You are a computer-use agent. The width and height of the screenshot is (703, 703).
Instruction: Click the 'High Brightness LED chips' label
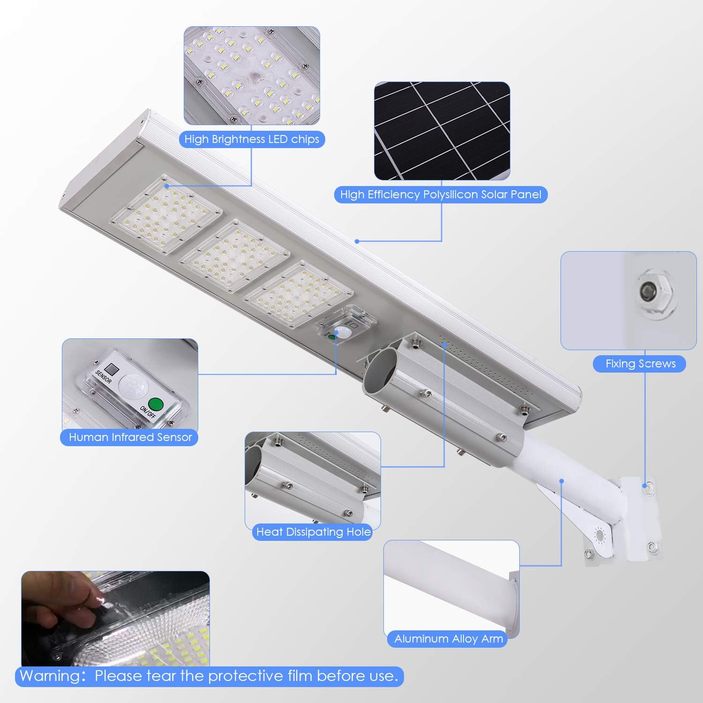pos(252,139)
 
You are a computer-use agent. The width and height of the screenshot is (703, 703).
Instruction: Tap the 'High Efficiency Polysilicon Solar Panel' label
pos(441,194)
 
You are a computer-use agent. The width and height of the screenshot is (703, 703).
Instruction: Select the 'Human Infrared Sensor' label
pos(130,437)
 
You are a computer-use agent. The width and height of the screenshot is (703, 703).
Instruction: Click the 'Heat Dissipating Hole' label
pos(313,532)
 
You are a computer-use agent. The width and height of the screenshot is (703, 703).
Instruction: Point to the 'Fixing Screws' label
pos(640,364)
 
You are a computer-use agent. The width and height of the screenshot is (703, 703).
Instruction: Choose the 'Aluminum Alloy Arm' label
pos(449,639)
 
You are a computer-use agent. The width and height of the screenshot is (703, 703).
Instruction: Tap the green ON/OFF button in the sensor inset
pos(155,404)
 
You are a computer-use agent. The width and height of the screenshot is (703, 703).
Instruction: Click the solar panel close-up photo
pos(441,131)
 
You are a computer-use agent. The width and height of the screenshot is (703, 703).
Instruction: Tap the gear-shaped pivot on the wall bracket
pos(599,535)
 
